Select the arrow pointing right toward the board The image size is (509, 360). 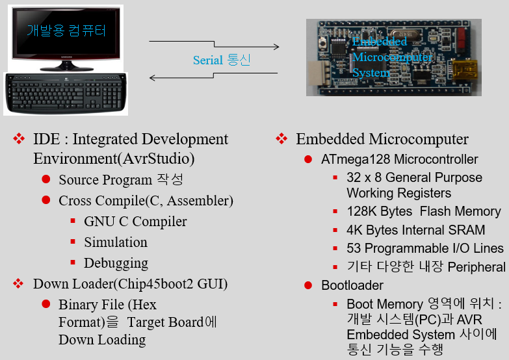pos(214,45)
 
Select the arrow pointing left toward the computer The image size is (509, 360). pos(214,78)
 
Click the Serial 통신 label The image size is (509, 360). pos(222,60)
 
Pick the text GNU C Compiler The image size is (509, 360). pos(135,222)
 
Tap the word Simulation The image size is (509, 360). pos(116,242)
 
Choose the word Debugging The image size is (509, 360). pos(116,263)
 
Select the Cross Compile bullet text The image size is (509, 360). pos(146,201)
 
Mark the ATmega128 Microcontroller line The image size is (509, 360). pos(399,160)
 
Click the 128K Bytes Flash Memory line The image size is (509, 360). pos(423,212)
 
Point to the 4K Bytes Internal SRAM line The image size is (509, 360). pos(415,230)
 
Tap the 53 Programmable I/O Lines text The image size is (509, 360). pos(424,248)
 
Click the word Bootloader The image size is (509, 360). pos(352,285)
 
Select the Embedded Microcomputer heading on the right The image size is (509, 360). pos(382,139)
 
